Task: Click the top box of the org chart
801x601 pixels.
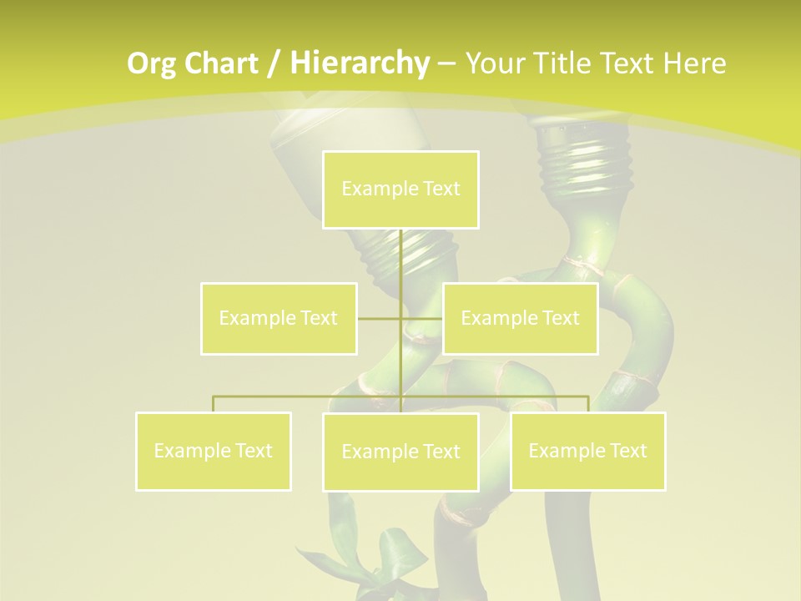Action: [400, 189]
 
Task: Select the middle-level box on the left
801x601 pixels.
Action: [279, 318]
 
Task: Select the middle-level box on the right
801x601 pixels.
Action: [520, 318]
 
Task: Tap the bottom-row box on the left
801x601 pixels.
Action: [214, 451]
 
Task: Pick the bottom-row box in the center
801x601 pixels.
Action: [400, 452]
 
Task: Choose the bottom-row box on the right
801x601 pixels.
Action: [587, 451]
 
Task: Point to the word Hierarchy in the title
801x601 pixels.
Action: [359, 63]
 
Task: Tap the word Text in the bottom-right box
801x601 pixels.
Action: [626, 451]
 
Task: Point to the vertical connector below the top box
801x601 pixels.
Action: [401, 259]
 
